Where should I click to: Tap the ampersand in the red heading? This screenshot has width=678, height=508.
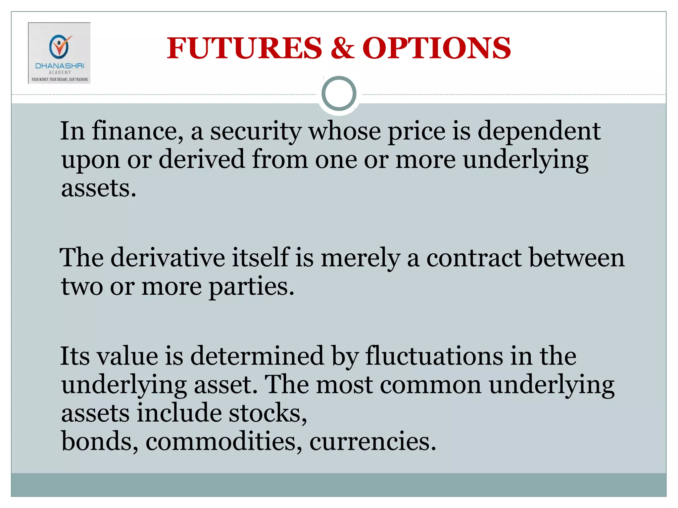pos(342,48)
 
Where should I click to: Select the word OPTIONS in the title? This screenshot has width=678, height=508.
pos(437,48)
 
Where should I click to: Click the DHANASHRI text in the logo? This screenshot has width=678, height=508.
pos(60,66)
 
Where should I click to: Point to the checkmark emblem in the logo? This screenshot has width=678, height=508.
pos(60,46)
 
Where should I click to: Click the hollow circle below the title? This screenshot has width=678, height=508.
pos(339,94)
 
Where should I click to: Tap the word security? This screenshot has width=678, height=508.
pos(256,131)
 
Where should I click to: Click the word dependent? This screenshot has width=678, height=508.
pos(539,131)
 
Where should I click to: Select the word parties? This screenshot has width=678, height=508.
pos(251,286)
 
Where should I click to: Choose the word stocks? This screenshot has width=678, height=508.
pos(268,413)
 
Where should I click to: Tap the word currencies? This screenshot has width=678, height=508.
pos(372,442)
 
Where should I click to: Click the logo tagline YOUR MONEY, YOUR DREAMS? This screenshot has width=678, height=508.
pos(60,79)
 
